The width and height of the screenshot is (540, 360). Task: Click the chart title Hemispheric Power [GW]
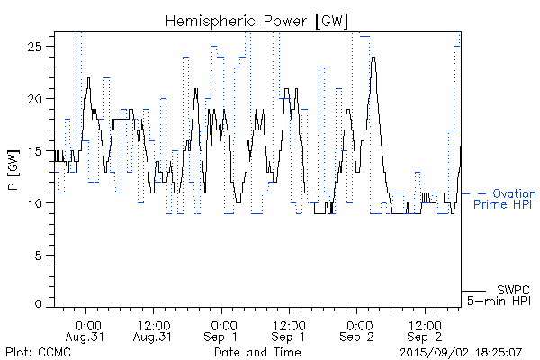pos(257,20)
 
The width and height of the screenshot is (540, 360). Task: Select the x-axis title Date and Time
pos(256,352)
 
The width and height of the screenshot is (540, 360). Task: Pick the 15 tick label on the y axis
pos(40,151)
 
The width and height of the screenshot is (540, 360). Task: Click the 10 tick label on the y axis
pos(40,203)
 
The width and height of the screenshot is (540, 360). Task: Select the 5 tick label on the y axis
pos(44,256)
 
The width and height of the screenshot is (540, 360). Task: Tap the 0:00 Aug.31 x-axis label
pos(87,329)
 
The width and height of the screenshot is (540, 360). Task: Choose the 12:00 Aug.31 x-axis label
pos(152,329)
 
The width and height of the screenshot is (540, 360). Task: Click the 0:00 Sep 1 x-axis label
pos(222,329)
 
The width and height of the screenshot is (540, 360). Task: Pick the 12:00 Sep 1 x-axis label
pos(288,329)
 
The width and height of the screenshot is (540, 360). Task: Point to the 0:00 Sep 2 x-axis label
pos(357,329)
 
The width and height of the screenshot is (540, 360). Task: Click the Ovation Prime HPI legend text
pos(505,199)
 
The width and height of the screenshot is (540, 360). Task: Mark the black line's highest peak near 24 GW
pos(373,58)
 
